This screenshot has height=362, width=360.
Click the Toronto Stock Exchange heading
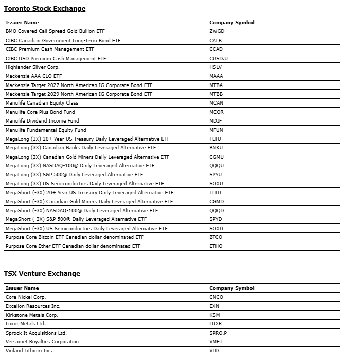point(45,9)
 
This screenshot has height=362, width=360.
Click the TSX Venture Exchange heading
point(42,274)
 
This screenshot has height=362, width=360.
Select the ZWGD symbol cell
point(217,31)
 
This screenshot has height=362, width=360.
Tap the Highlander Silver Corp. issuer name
point(32,67)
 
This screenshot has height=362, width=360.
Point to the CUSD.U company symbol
point(219,58)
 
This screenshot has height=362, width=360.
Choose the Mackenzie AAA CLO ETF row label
point(33,76)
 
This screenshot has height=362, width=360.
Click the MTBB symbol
point(217,94)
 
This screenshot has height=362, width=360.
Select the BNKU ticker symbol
point(217,148)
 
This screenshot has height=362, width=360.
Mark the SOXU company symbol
point(217,184)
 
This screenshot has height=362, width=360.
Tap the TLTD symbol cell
point(215,193)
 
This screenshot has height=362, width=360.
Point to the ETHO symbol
point(216,246)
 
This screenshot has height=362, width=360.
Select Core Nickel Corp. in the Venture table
point(26,297)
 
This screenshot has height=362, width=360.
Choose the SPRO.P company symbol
point(218,333)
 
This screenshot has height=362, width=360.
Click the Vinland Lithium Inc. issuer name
point(29,351)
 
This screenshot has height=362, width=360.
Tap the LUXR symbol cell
point(216,324)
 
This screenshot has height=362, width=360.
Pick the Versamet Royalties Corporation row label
point(42,342)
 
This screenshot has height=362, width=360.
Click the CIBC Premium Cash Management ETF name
point(50,49)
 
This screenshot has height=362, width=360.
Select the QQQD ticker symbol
point(217,211)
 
